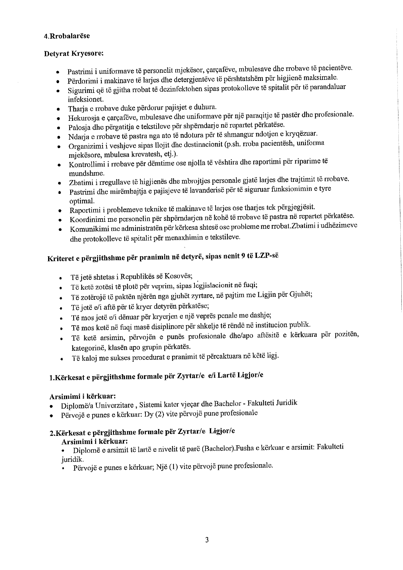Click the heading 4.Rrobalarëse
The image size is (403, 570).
(x=67, y=36)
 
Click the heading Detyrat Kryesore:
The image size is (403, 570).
(x=74, y=54)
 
